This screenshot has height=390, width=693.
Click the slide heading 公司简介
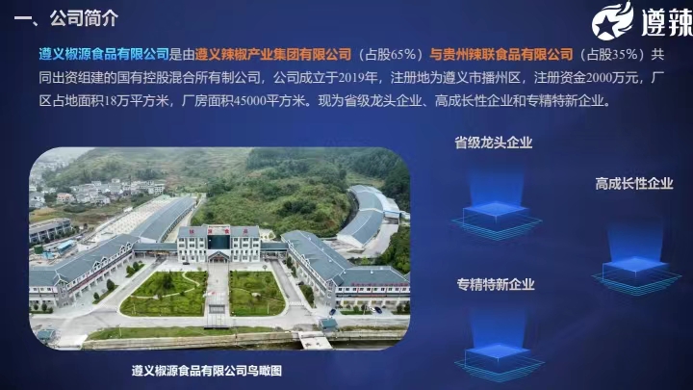84,18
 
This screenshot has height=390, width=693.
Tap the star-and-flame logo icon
613,21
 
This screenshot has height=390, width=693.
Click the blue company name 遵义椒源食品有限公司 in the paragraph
104,54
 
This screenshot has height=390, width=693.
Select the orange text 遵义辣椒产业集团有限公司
273,54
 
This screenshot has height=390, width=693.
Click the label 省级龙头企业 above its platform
494,143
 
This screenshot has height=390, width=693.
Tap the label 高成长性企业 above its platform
634,183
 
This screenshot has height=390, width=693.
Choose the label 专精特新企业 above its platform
496,284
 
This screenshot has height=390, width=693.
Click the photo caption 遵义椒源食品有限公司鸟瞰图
206,371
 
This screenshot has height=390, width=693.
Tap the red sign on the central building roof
218,231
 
